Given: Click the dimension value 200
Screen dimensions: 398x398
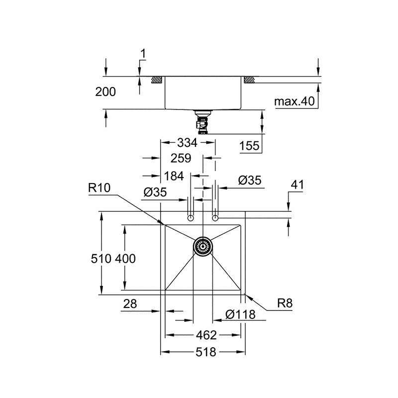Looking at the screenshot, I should [105, 92].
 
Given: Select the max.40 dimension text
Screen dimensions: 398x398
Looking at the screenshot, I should [295, 102].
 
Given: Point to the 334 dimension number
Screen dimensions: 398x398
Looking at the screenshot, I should [188, 143].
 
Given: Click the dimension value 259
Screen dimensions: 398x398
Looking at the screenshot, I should [181, 159].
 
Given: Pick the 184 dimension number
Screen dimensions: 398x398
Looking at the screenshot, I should [174, 176].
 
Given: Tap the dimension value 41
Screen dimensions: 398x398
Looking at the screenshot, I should [297, 185].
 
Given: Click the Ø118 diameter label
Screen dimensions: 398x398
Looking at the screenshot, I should [240, 314].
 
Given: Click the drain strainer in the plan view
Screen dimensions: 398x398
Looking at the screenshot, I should [203, 245].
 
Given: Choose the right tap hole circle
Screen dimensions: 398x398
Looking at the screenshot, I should [215, 218].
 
